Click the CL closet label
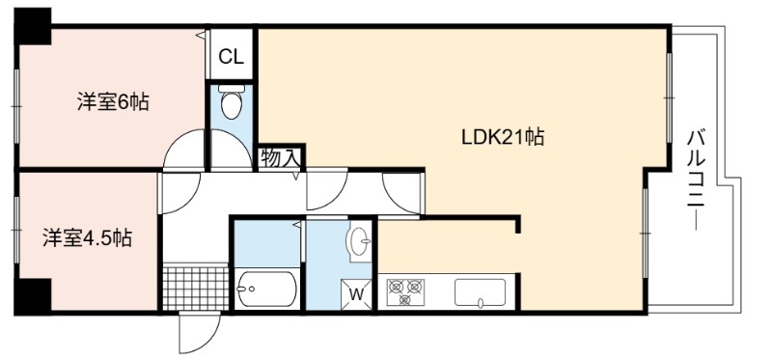coord(231,57)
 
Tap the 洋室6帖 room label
coord(113,102)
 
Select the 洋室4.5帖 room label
coord(87,238)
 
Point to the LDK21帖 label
coord(502,136)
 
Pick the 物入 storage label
coord(280,158)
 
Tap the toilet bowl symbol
coord(231,102)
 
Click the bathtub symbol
coord(266,290)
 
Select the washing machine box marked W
coord(356,294)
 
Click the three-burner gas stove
coord(405,292)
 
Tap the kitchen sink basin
coord(480,293)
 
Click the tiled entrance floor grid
coord(196,289)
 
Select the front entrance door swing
coord(199,332)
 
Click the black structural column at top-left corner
coord(33,26)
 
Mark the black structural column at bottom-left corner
coord(33,297)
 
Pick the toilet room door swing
coord(232,150)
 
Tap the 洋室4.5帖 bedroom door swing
coord(180,193)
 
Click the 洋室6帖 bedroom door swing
coord(184,150)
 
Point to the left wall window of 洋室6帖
coord(16,105)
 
